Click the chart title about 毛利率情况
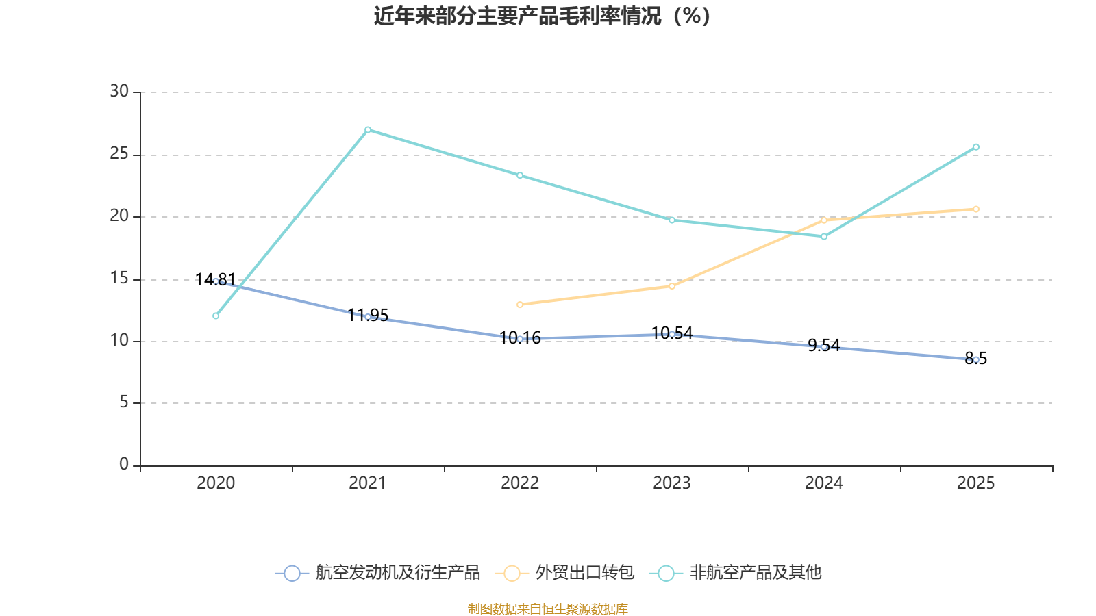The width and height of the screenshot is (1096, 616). click(542, 16)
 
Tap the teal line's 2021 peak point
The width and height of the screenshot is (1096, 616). click(368, 129)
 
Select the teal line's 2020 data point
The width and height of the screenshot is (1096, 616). click(216, 316)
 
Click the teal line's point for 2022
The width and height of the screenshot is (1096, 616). click(520, 175)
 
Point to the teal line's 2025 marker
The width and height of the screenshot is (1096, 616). click(976, 147)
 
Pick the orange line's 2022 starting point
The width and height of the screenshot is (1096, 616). click(520, 305)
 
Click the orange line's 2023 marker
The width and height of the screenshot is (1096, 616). click(672, 286)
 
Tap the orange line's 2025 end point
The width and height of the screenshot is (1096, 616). click(976, 209)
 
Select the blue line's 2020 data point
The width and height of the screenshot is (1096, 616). click(216, 281)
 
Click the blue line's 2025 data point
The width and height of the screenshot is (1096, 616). click(976, 359)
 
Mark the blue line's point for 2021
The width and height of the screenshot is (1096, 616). click(368, 316)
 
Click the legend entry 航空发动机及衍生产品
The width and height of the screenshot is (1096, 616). click(378, 573)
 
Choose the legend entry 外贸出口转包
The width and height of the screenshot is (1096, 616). click(566, 573)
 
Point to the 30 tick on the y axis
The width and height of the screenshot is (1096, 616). click(119, 92)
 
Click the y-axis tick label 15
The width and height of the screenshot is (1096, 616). click(119, 279)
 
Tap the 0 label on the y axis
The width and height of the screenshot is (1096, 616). click(124, 465)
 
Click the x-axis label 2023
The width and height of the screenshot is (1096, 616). click(672, 483)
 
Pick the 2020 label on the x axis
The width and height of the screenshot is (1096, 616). click(216, 483)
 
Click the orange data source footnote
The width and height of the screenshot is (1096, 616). click(548, 609)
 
